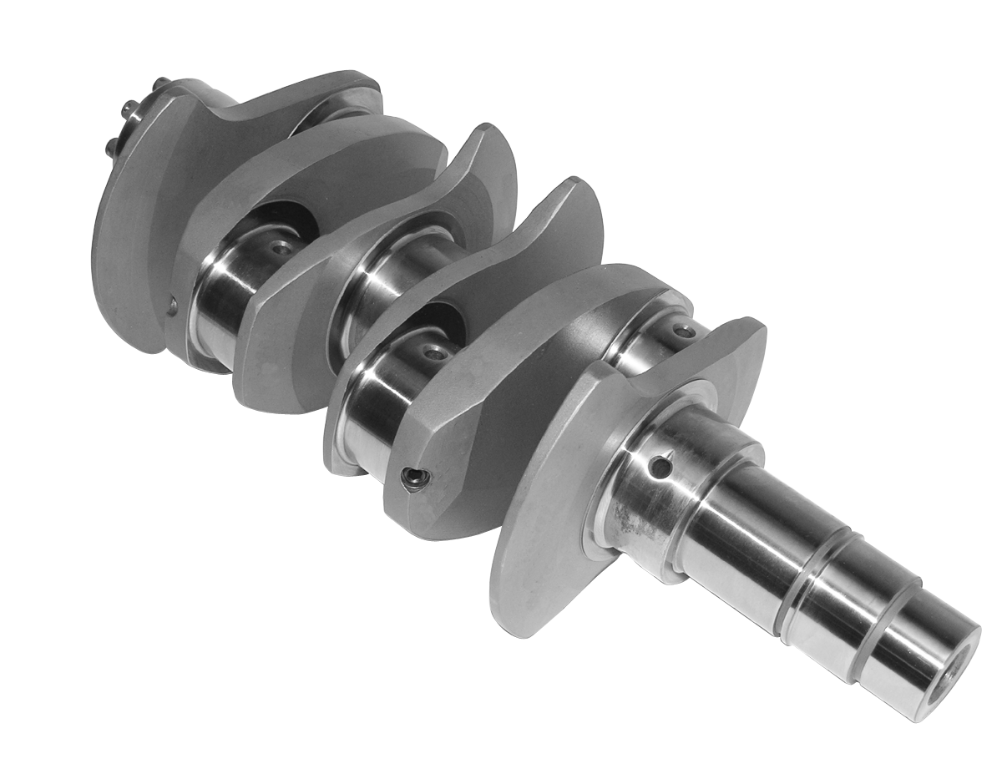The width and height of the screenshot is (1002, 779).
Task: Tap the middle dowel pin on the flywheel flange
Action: click(x=129, y=108)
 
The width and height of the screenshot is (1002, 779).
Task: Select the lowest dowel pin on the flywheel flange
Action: click(x=112, y=147)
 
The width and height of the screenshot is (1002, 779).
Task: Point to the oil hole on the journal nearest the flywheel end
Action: click(x=282, y=248)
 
